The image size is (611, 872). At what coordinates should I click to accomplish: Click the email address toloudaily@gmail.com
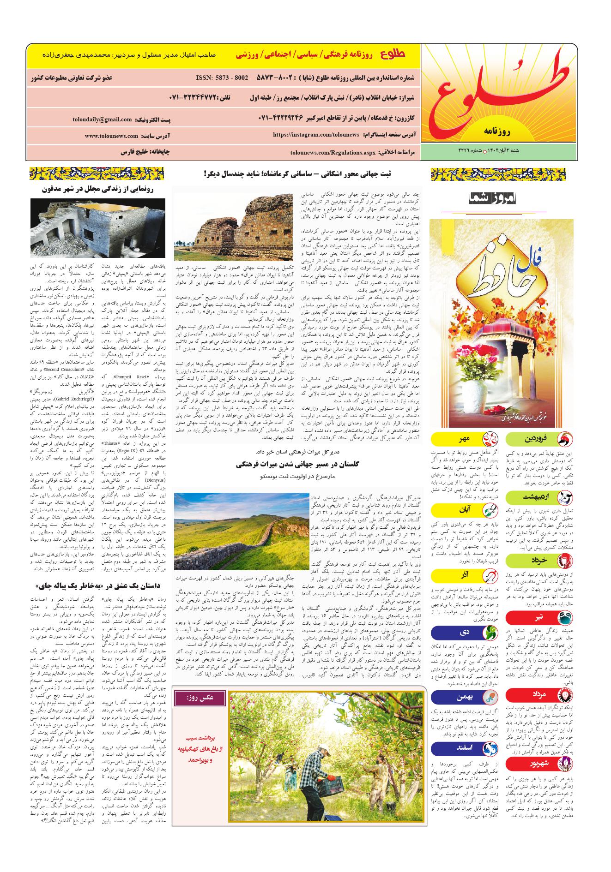pyautogui.click(x=102, y=119)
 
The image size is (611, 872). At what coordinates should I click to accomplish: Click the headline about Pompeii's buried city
pyautogui.click(x=97, y=189)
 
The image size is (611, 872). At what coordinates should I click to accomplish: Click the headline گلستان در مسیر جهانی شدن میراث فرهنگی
pyautogui.click(x=296, y=465)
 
